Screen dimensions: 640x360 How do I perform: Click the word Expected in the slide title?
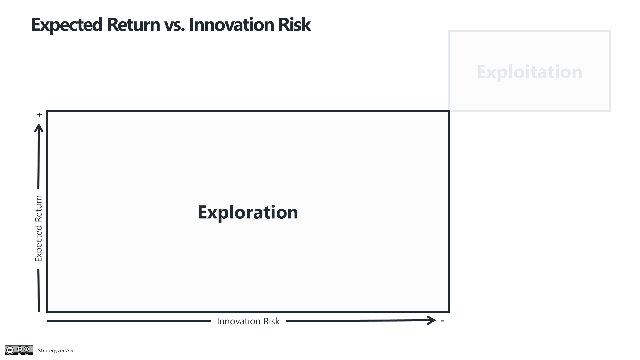point(67,25)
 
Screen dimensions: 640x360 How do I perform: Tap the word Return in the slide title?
point(133,24)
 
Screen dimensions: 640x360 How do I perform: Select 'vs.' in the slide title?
point(174,26)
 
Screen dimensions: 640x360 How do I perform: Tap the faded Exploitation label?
point(529,72)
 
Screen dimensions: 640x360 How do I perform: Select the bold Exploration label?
point(248,212)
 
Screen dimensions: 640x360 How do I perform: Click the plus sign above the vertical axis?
point(39,115)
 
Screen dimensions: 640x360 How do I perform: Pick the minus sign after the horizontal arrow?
point(442,321)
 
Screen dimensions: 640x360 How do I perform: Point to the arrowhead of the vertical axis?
point(39,128)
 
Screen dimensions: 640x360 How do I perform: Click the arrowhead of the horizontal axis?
point(432,320)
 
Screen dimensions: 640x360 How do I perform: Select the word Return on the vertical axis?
point(39,209)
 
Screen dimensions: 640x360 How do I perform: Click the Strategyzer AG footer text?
point(55,351)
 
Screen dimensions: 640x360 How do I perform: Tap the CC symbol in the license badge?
point(10,350)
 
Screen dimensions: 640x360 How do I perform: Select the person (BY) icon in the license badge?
point(20,349)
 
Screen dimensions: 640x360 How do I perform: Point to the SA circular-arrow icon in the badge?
point(27,349)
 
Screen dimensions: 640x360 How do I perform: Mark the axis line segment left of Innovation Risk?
point(129,321)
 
